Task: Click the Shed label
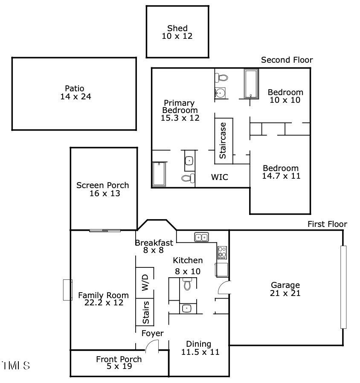[177, 29]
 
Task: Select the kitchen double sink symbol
[201, 237]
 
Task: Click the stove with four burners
[222, 252]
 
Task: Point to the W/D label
[145, 282]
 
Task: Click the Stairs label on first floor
[145, 312]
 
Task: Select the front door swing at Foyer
[152, 347]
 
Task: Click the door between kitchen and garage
[224, 289]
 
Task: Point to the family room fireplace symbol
[67, 290]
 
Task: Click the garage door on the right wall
[343, 287]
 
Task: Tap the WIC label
[220, 177]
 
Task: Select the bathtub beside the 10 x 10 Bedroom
[251, 84]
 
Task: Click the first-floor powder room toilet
[187, 284]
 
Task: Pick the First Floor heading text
[327, 224]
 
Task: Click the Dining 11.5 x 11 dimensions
[198, 352]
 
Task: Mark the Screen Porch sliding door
[105, 231]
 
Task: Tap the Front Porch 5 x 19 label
[119, 363]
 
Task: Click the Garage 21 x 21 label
[285, 289]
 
